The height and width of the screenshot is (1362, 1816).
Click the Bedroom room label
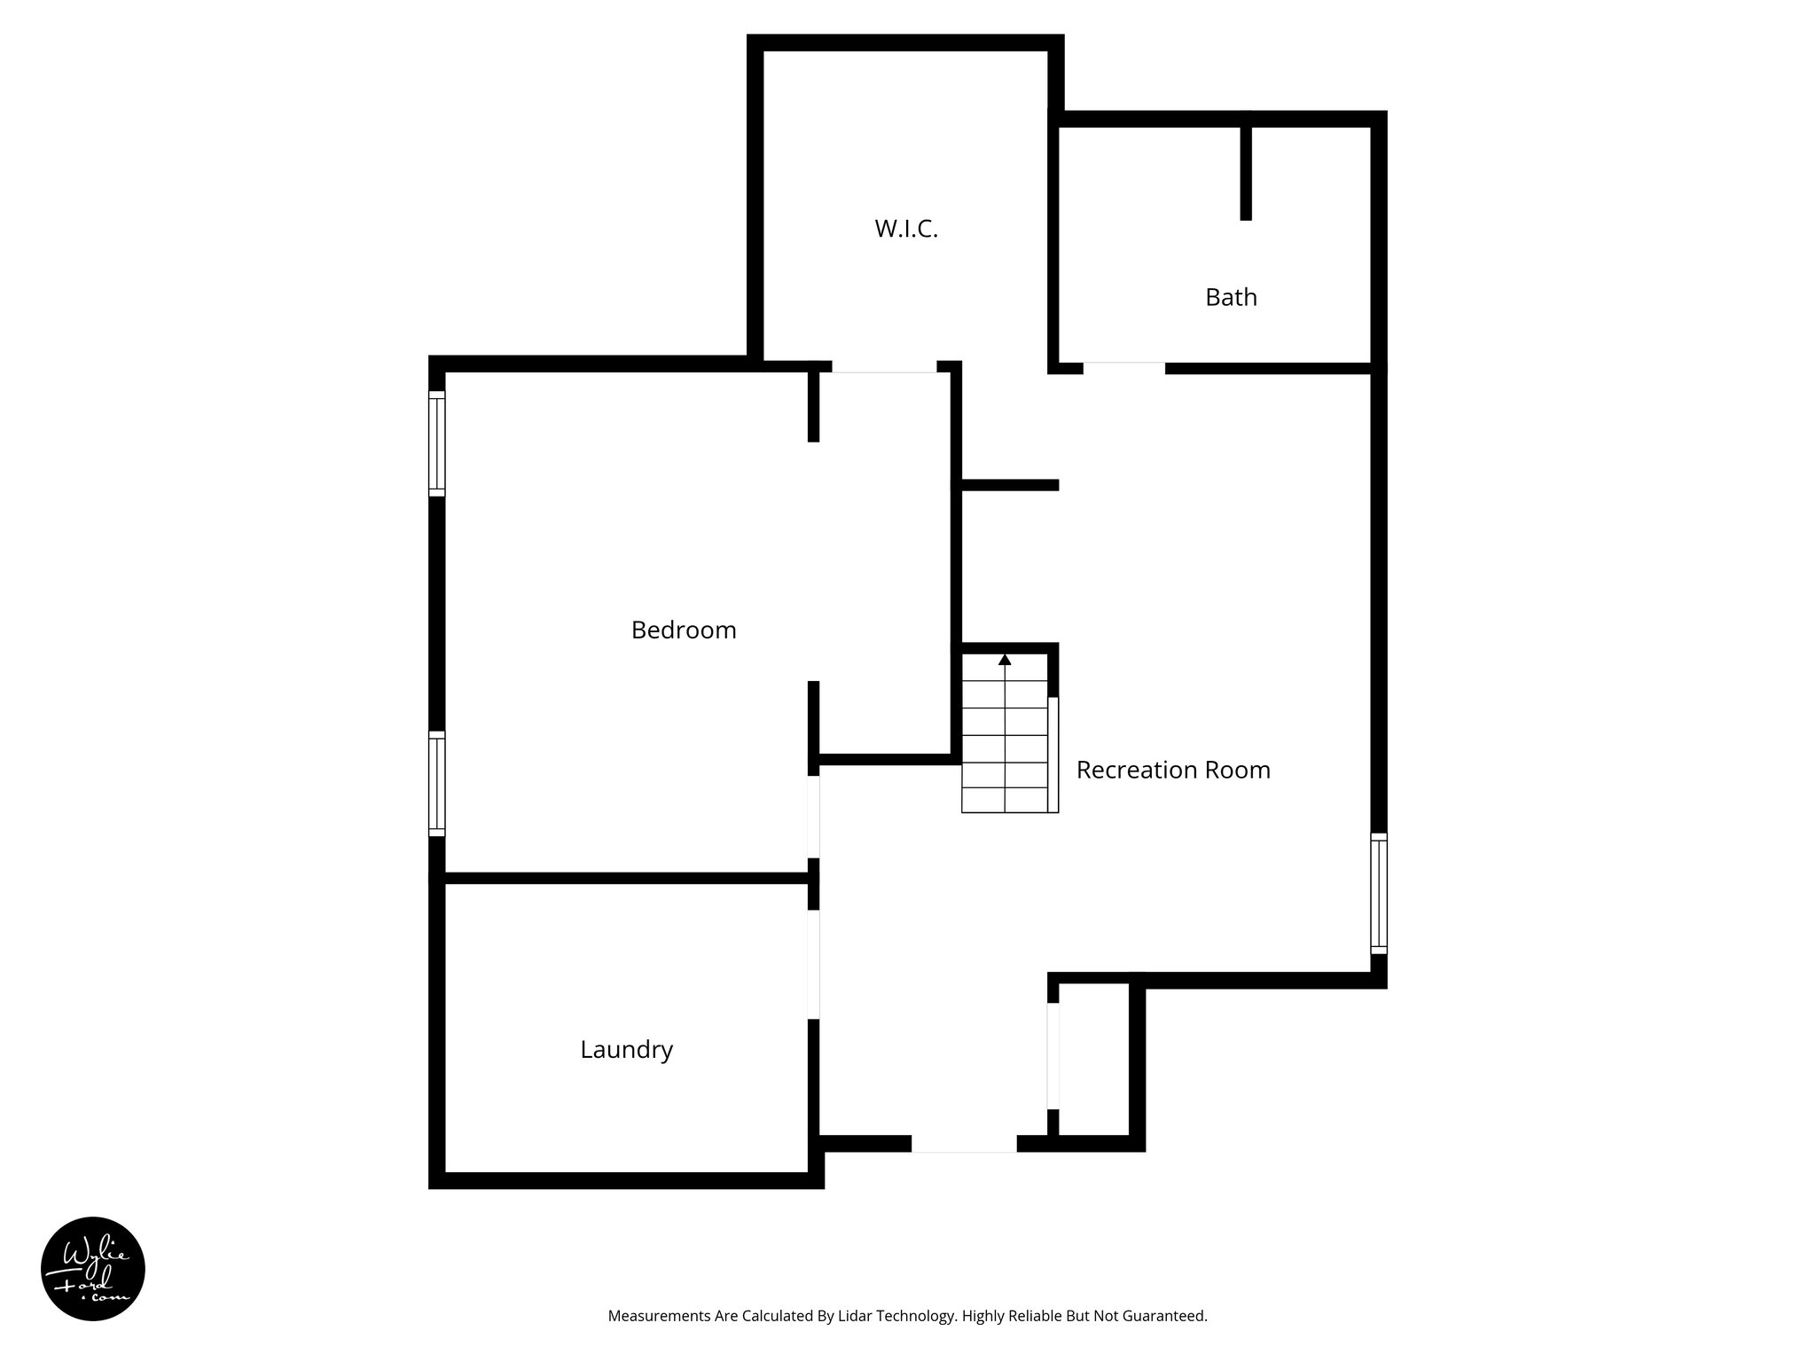[684, 630]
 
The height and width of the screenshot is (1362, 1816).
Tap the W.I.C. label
[906, 230]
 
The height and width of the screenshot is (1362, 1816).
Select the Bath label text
[1231, 297]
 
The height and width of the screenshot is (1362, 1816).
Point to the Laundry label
[627, 1050]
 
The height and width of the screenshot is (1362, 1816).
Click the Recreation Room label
[1173, 770]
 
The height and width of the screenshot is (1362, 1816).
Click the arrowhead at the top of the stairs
[1005, 660]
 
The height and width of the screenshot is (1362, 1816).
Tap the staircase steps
[1005, 745]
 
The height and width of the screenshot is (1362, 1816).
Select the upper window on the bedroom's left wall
[437, 442]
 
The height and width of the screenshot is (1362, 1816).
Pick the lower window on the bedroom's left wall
[437, 783]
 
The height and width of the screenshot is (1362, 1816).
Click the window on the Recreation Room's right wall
[1379, 893]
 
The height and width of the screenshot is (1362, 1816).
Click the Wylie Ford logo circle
[93, 1269]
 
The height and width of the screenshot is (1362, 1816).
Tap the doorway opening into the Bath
[1123, 368]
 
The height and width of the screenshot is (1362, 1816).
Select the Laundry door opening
[813, 964]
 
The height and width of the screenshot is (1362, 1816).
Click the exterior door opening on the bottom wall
[964, 1144]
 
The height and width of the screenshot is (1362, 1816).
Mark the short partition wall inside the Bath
[1246, 173]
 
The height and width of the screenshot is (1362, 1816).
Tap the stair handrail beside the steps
[1053, 755]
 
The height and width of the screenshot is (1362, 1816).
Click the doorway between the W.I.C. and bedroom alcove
[884, 368]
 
